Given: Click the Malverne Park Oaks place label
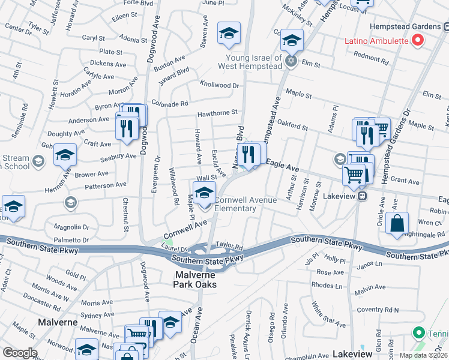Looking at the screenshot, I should (x=200, y=280).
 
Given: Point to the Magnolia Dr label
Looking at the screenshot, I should (x=71, y=227).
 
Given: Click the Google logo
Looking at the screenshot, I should (x=20, y=353).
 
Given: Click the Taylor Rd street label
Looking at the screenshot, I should (x=229, y=246).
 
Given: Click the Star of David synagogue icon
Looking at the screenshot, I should (x=291, y=62).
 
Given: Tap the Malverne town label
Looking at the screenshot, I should (x=57, y=322).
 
